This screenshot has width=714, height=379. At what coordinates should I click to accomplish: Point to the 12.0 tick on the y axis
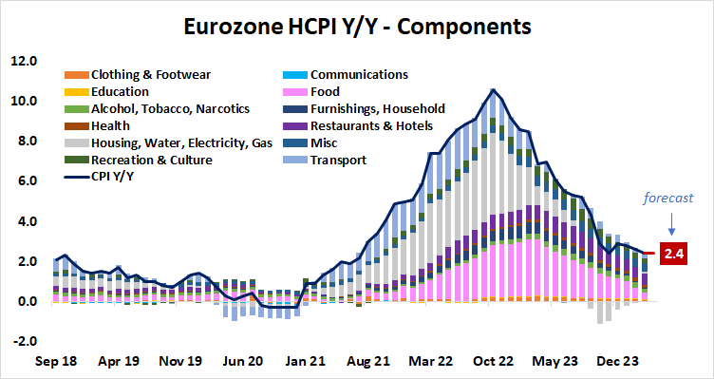[x=23, y=61]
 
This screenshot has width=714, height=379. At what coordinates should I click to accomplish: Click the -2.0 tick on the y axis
[x=23, y=342]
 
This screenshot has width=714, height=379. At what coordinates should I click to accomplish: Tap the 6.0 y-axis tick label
[x=23, y=181]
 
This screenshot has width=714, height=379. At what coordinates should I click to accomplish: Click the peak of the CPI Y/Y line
[x=492, y=90]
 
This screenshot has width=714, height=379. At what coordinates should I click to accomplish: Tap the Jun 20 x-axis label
[x=242, y=362]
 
